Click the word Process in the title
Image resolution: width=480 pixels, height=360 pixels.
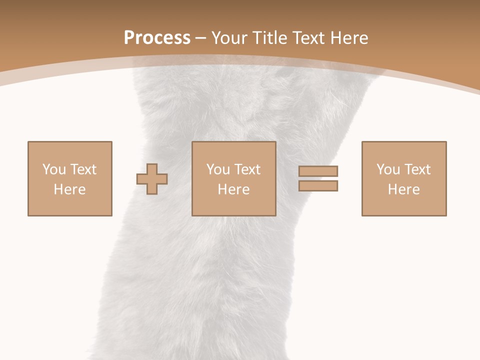coord(157,38)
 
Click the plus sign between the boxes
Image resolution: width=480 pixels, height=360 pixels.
coord(152,179)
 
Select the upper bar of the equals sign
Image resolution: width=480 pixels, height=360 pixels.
coord(318,171)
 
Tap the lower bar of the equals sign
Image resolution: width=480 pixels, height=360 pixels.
coord(318,185)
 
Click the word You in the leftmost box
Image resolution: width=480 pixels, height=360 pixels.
coord(54,169)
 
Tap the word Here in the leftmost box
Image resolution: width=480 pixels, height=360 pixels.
coord(69,189)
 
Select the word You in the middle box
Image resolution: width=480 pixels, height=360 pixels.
coord(218,169)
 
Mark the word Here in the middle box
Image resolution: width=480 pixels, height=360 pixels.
coord(233,189)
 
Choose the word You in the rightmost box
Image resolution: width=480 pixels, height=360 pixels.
coord(388,169)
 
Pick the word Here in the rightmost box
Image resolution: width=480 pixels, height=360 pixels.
coord(403,189)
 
